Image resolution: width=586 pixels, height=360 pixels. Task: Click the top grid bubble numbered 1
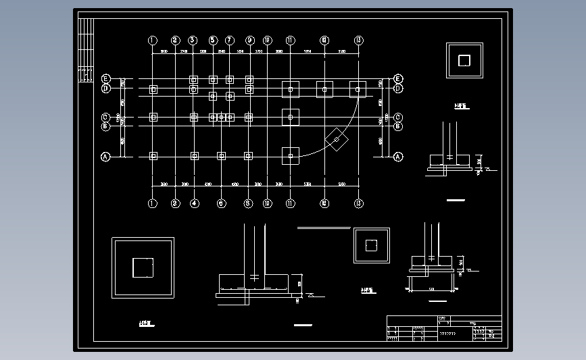coord(153,41)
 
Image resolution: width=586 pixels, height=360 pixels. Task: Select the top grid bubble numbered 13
coord(358,41)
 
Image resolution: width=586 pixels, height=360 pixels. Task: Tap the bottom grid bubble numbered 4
coord(195,203)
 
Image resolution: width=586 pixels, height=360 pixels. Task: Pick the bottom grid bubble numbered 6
coord(221,203)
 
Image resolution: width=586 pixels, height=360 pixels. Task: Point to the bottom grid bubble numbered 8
coord(248,203)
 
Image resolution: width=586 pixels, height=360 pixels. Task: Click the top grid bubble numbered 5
coord(213,41)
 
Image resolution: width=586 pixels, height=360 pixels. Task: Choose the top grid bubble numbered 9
coord(249,41)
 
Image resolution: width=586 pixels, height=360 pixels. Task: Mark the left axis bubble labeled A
coord(105,157)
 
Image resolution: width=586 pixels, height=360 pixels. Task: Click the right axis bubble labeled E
coord(398,78)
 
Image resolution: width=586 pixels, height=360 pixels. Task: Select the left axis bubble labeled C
coord(105,117)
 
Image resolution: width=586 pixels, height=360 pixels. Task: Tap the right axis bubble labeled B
coord(398,126)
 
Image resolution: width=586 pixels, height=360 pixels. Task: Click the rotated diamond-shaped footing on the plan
coord(337,139)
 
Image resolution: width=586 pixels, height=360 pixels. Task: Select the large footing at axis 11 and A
coord(291,156)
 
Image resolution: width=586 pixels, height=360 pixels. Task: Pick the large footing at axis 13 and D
coord(358,88)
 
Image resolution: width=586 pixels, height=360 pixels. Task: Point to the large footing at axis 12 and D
coord(324,88)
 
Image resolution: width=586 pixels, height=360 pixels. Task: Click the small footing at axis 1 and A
coord(153,156)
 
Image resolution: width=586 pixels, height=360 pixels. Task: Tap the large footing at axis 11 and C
coord(291,117)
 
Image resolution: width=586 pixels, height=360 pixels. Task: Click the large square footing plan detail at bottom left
coord(143,267)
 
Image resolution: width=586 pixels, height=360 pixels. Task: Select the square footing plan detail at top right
coord(464,61)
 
